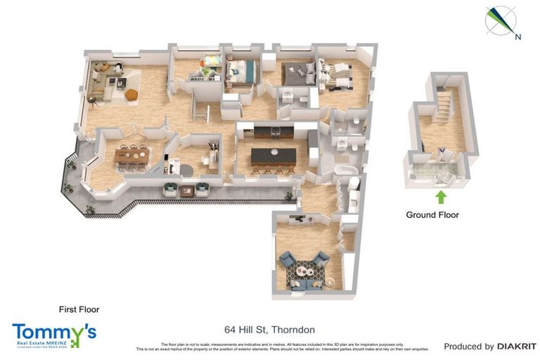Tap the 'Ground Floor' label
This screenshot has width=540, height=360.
coord(432,215)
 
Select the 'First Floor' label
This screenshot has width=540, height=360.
coord(79,309)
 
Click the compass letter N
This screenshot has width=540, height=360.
coord(517,37)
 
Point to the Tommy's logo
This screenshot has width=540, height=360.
coord(54,335)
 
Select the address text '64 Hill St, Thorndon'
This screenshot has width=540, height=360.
coord(269,330)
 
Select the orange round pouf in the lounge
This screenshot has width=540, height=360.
coord(131,94)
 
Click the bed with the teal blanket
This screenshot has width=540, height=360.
coord(243,70)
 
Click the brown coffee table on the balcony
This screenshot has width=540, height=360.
coord(186,191)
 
